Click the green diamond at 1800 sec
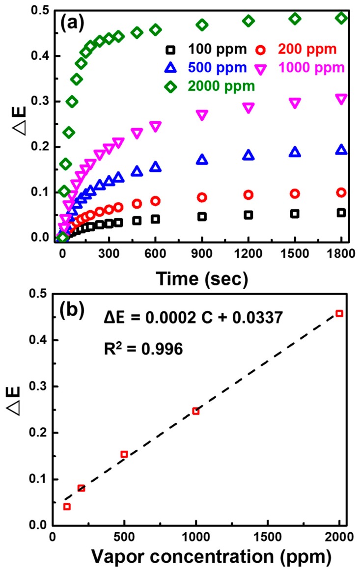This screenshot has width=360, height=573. click(x=341, y=18)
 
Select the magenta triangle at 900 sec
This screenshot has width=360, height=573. click(x=202, y=115)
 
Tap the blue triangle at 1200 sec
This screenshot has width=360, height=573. click(x=249, y=155)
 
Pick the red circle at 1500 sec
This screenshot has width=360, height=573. click(x=295, y=193)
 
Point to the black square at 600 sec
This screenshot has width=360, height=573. click(x=155, y=219)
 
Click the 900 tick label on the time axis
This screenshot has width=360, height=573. click(x=202, y=255)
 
